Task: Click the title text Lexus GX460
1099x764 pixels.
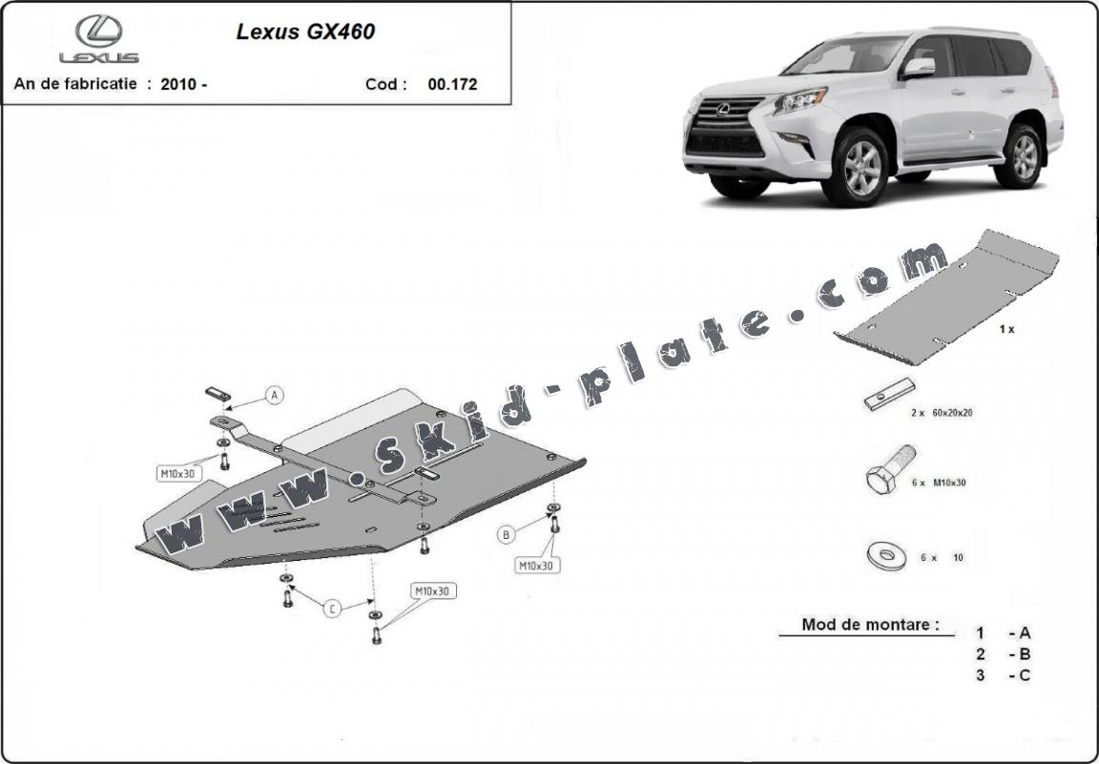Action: pyautogui.click(x=305, y=31)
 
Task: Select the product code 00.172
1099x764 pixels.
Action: pyautogui.click(x=452, y=84)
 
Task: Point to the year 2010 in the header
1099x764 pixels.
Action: pyautogui.click(x=178, y=84)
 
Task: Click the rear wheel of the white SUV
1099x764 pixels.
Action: pyautogui.click(x=1023, y=155)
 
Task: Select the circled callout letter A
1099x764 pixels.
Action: pyautogui.click(x=274, y=395)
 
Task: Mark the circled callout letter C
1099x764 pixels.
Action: pyautogui.click(x=331, y=609)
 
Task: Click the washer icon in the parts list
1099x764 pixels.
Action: pyautogui.click(x=886, y=555)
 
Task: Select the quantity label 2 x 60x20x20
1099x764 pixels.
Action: pyautogui.click(x=942, y=413)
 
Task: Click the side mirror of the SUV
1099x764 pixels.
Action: pyautogui.click(x=920, y=66)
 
